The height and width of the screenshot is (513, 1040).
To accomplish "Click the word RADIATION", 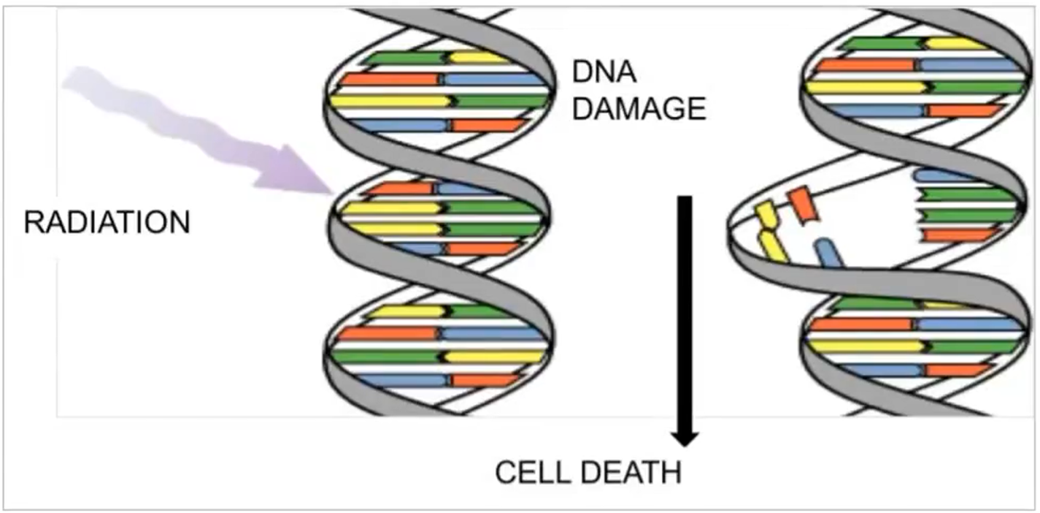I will coord(107,222).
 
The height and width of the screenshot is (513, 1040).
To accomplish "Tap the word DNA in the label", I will coord(605,72).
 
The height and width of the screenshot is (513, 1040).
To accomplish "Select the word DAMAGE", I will coord(639,109).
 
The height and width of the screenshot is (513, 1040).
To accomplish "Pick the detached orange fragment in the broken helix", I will coord(802,204).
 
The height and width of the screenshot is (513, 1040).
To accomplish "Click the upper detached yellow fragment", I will coord(766,215).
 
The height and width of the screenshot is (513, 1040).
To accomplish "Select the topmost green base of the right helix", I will coord(883,43).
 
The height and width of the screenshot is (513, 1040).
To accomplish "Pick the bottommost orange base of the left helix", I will coord(485,380).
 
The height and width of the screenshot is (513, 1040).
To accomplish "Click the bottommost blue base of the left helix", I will coord(401,380).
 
